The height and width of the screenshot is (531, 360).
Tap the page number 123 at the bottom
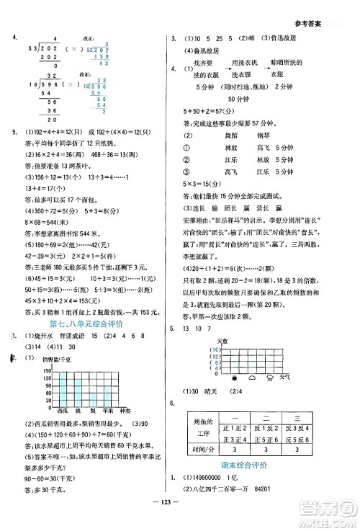[179, 519]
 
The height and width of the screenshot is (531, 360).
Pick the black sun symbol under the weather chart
[233, 377]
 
